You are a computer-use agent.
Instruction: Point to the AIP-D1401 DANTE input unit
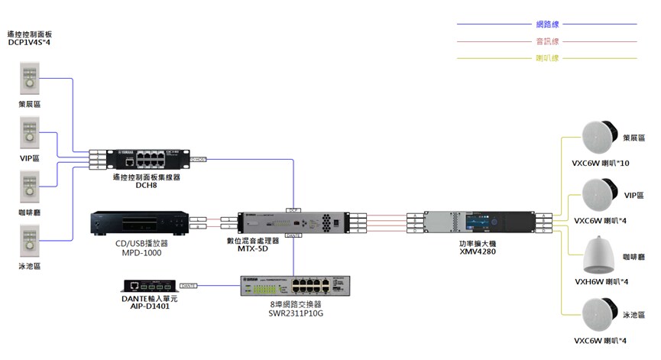(x=150, y=286)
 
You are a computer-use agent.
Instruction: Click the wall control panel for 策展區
(x=29, y=79)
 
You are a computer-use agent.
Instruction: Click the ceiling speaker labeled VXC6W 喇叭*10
(x=599, y=138)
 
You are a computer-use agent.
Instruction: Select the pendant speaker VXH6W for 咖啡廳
(x=600, y=256)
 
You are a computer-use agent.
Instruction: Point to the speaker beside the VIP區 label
(x=599, y=195)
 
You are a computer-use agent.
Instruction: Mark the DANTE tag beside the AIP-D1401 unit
(x=188, y=286)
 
